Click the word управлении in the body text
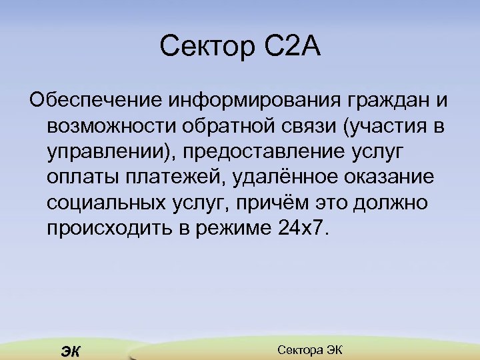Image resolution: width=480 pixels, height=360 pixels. pos(106,151)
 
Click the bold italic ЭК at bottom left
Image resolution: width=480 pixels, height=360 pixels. pos(69,351)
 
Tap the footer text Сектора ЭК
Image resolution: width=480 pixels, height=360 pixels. pos(309,350)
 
